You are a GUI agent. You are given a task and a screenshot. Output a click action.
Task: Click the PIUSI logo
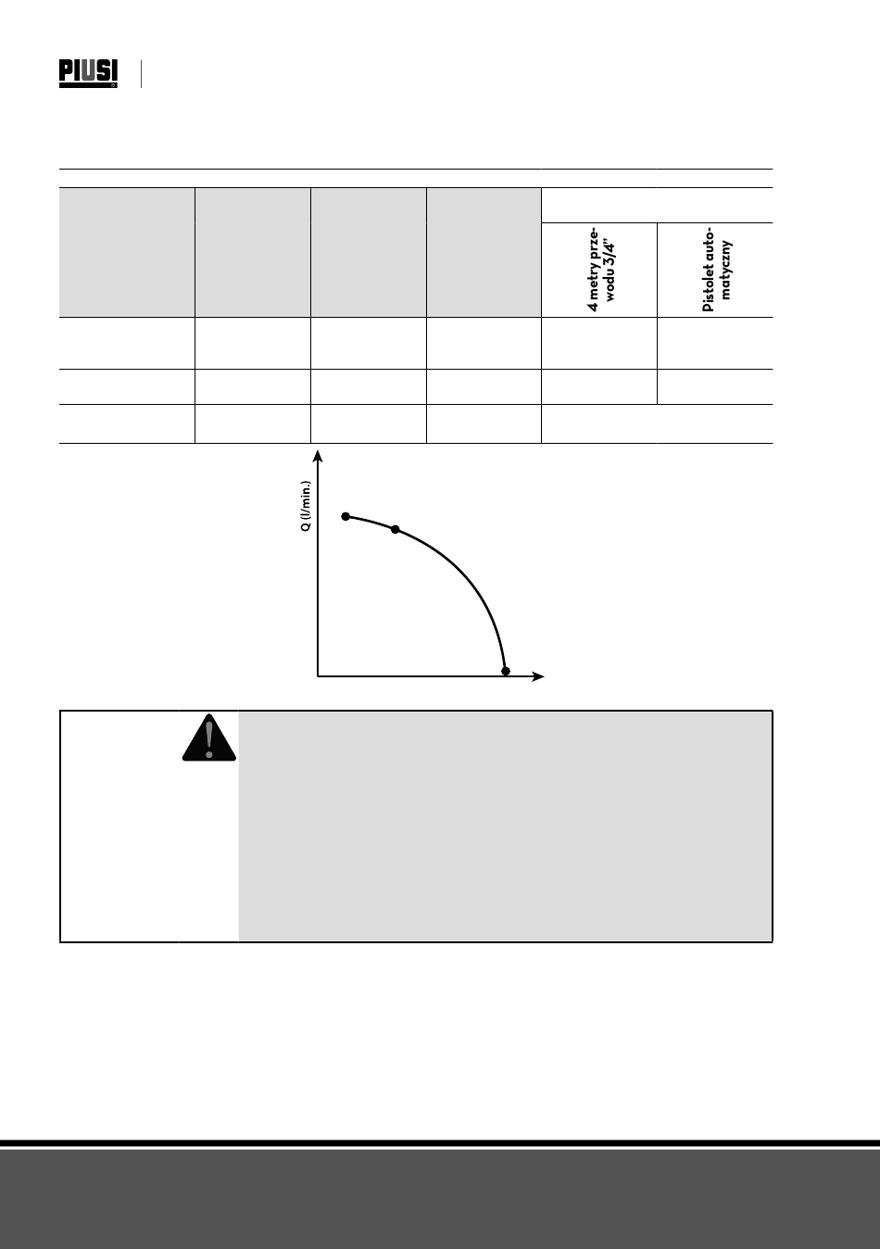(89, 73)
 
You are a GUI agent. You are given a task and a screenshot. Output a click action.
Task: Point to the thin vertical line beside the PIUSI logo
(141, 74)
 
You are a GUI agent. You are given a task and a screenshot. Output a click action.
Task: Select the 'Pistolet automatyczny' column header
(715, 270)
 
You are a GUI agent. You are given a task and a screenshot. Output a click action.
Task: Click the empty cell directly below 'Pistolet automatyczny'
(714, 343)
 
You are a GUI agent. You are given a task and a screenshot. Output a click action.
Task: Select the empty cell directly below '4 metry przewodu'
(599, 343)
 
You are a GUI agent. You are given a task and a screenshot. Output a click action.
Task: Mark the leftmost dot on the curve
(346, 516)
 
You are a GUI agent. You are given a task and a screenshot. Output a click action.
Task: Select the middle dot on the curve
(396, 529)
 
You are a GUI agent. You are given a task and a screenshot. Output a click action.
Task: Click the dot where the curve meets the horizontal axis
(505, 671)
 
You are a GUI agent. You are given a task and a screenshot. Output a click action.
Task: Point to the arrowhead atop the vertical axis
(318, 456)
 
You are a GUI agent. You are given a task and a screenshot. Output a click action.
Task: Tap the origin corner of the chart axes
(318, 676)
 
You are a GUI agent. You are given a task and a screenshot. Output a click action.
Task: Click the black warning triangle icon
(208, 738)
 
